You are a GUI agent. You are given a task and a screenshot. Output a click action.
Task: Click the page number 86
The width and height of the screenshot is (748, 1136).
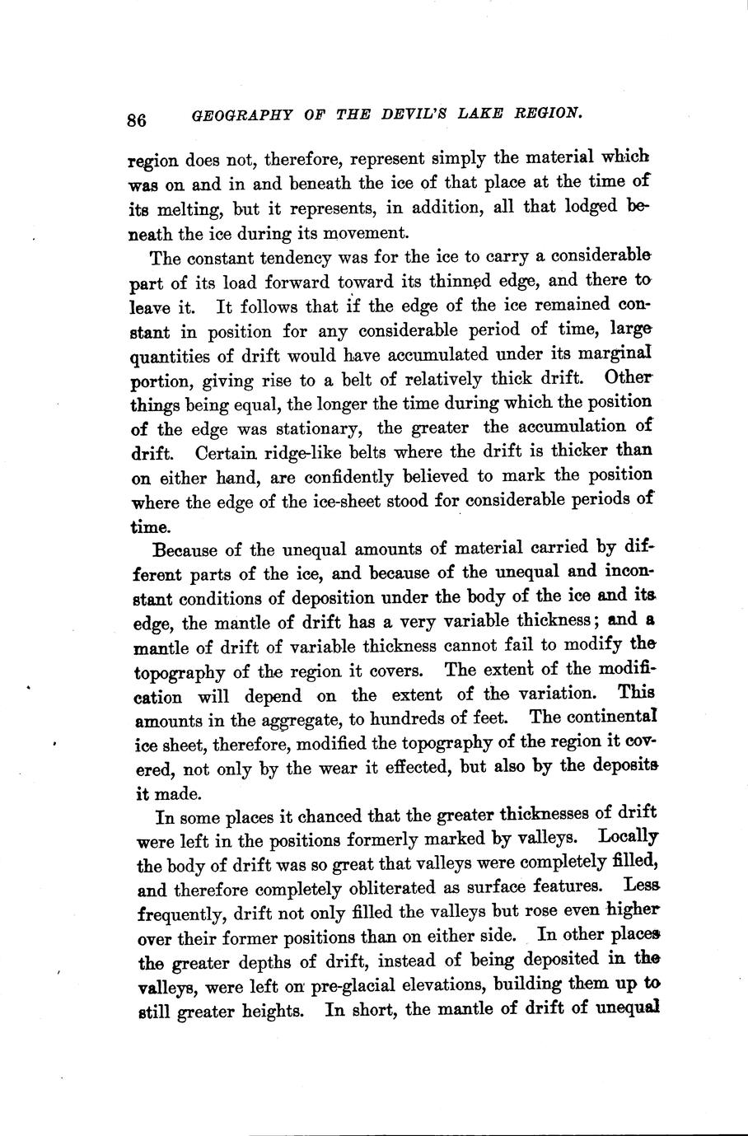point(137,119)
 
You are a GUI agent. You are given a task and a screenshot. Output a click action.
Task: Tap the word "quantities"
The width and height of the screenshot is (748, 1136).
point(170,358)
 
